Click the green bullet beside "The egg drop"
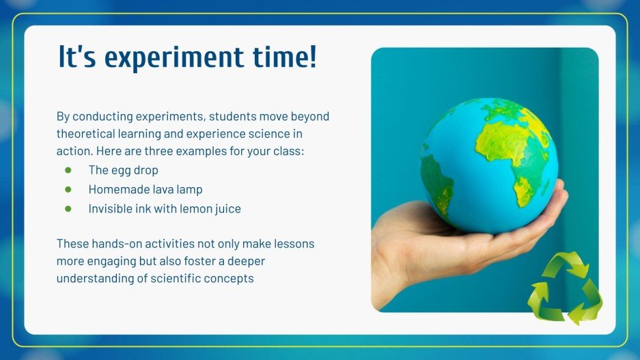pyautogui.click(x=68, y=170)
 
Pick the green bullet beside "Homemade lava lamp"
pyautogui.click(x=68, y=189)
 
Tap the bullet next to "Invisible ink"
pyautogui.click(x=68, y=209)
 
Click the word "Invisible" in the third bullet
pyautogui.click(x=111, y=209)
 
